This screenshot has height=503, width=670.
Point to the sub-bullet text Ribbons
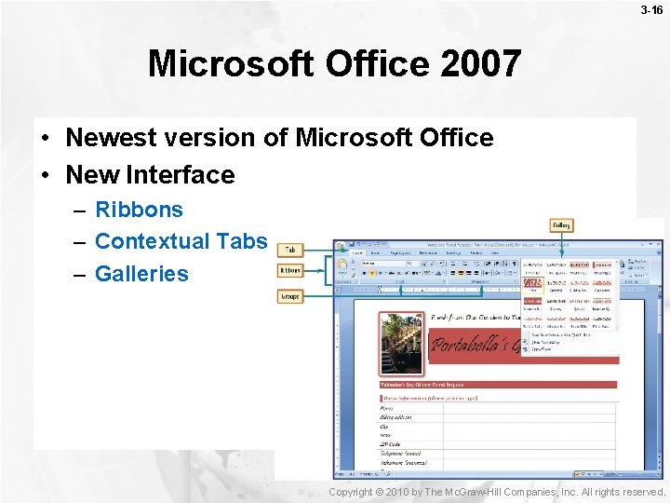[139, 211]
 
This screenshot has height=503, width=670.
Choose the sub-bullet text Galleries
[141, 274]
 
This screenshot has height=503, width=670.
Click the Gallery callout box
[561, 225]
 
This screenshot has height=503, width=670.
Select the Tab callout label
[290, 251]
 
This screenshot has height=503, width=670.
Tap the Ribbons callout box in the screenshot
[290, 270]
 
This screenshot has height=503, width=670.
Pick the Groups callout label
[290, 296]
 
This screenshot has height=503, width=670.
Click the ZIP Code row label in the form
[391, 444]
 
